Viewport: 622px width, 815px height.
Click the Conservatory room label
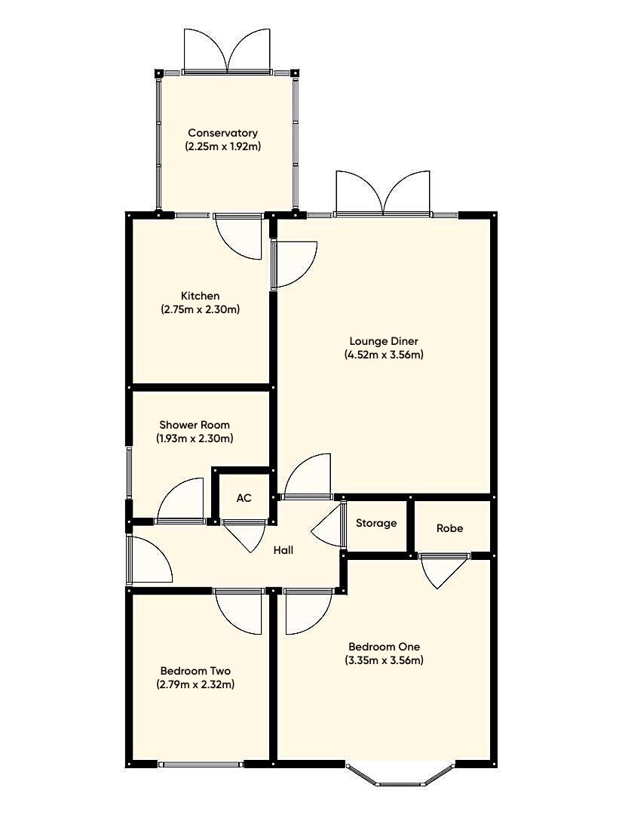click(222, 134)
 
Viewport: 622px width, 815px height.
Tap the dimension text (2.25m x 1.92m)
click(222, 146)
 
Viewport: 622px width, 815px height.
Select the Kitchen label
click(200, 296)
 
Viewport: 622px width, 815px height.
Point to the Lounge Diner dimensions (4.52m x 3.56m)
click(384, 354)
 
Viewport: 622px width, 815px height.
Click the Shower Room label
click(195, 425)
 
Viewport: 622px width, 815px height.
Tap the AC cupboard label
click(244, 499)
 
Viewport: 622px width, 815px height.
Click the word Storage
click(376, 523)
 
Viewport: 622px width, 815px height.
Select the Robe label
click(449, 528)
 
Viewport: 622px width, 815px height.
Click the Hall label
click(283, 550)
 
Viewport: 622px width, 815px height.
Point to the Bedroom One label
click(384, 647)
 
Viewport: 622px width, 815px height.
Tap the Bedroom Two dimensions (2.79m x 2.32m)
click(195, 684)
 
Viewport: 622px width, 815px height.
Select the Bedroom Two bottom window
click(201, 764)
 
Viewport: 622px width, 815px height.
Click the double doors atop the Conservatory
click(227, 53)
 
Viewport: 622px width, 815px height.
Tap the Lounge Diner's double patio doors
click(384, 195)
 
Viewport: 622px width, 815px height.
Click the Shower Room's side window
click(129, 472)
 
